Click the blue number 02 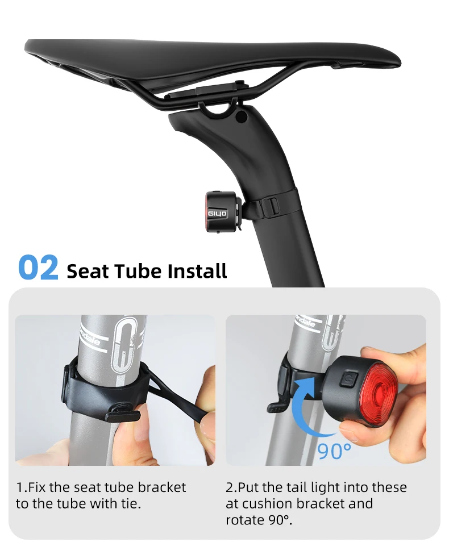[x=38, y=267]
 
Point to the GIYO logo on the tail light [x=217, y=214]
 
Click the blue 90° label [x=334, y=451]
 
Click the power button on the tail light [x=347, y=379]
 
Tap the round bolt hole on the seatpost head [x=241, y=116]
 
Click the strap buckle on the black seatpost [x=270, y=206]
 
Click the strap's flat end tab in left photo [x=122, y=415]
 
